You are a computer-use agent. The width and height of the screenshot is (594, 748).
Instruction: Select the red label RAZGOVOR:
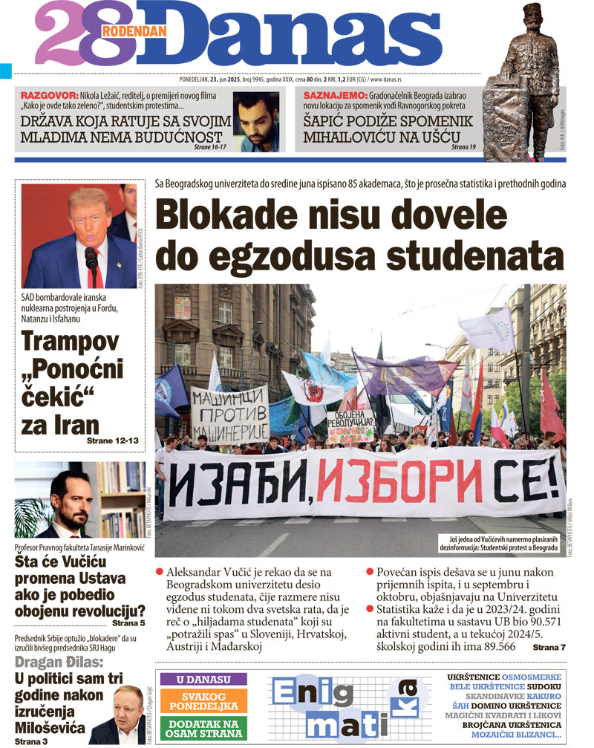coord(48,96)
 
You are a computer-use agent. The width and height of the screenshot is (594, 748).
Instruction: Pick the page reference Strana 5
coord(128,623)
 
